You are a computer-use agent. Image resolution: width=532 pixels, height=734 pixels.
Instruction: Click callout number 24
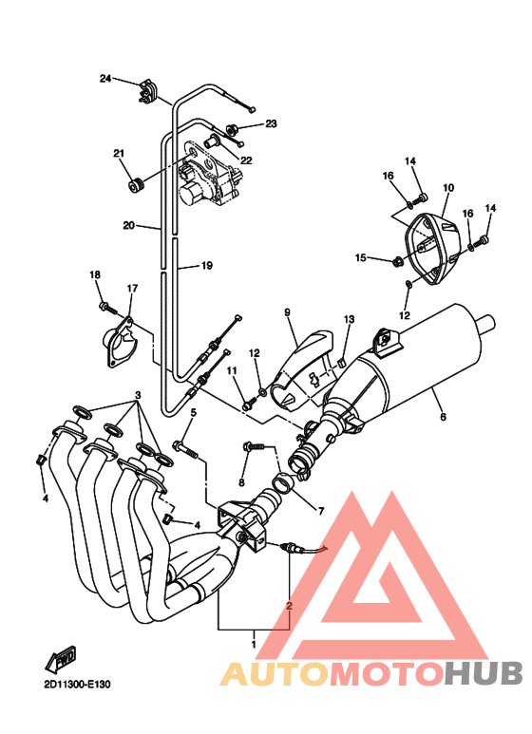[x=105, y=78]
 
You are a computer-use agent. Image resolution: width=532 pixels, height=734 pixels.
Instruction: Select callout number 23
[x=271, y=123]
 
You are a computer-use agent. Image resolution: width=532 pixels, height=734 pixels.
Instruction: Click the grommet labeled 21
[x=137, y=184]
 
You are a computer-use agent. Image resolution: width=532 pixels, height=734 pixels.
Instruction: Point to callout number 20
[x=129, y=226]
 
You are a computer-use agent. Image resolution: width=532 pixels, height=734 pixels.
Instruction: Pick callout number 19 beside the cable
[x=206, y=266]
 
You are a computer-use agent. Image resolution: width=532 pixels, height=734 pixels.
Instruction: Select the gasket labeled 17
[x=121, y=342]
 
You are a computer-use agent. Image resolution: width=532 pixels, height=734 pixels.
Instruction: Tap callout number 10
[x=448, y=188]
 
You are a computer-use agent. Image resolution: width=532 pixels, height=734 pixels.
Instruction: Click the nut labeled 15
[x=397, y=261]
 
